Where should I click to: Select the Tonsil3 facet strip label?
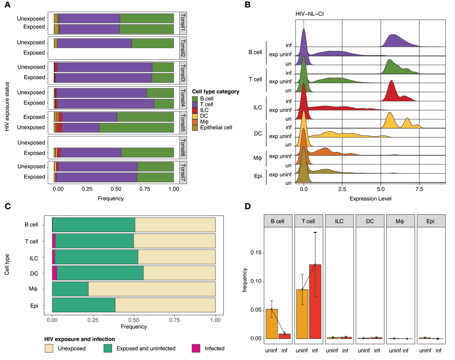[183, 72]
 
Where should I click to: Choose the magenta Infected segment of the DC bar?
[54, 273]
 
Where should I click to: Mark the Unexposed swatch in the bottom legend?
[50, 348]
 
